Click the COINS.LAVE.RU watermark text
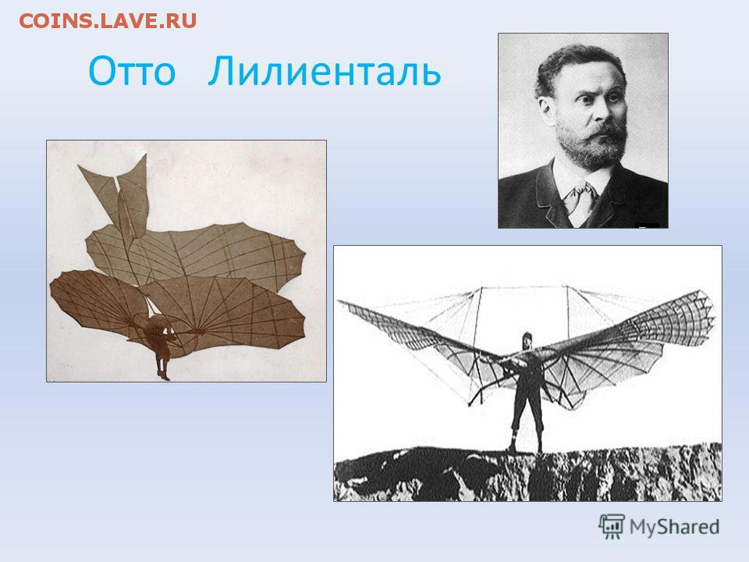pos(108,21)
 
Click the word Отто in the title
pos(133,72)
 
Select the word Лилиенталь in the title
pos(325,71)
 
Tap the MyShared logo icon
pos(612,527)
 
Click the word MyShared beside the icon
pos(674,527)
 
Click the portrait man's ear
pos(546,108)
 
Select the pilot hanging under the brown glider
pos(161,345)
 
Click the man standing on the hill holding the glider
pos(526,393)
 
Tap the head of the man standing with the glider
pos(527,340)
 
